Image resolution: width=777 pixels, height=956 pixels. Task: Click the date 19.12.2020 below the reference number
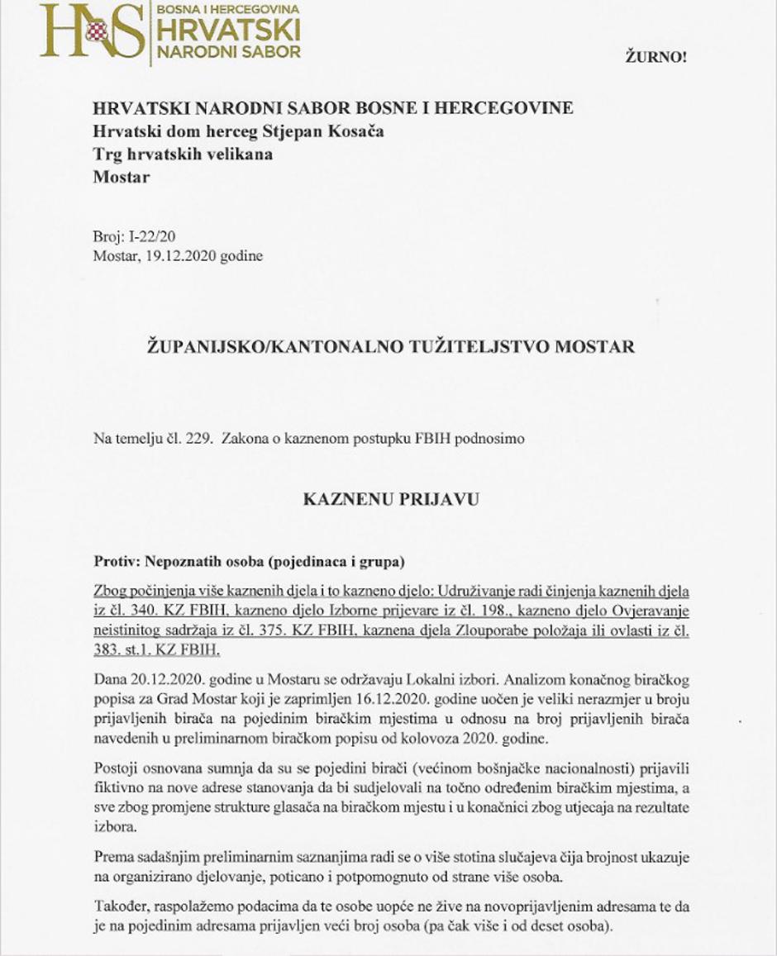(179, 255)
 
